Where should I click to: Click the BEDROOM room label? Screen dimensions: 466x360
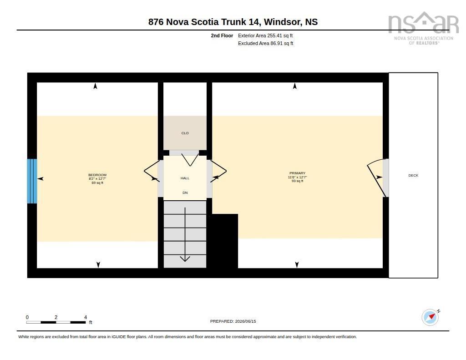click(x=97, y=175)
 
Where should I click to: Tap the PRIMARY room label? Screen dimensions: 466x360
click(x=297, y=173)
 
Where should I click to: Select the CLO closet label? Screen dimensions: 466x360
click(x=185, y=133)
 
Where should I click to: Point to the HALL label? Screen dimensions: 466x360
click(x=185, y=178)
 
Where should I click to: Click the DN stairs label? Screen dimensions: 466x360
click(x=185, y=193)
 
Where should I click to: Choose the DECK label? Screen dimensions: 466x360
click(x=413, y=175)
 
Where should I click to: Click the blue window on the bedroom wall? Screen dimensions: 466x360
click(x=32, y=181)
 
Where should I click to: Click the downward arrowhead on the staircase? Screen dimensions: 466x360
click(x=185, y=259)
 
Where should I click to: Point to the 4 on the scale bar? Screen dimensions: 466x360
click(x=86, y=317)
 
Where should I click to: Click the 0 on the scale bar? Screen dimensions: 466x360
click(x=27, y=317)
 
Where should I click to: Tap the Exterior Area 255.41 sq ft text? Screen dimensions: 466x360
click(x=265, y=35)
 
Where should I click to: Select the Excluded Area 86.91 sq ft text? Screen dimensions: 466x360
click(x=266, y=43)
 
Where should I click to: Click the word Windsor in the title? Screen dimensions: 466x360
click(x=282, y=22)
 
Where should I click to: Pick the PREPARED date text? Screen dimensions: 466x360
click(x=233, y=321)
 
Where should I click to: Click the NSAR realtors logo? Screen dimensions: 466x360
click(x=424, y=28)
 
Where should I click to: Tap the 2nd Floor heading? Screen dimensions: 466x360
click(x=222, y=35)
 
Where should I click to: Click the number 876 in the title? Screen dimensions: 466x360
click(x=156, y=22)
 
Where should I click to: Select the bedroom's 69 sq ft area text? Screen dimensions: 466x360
click(x=97, y=183)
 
